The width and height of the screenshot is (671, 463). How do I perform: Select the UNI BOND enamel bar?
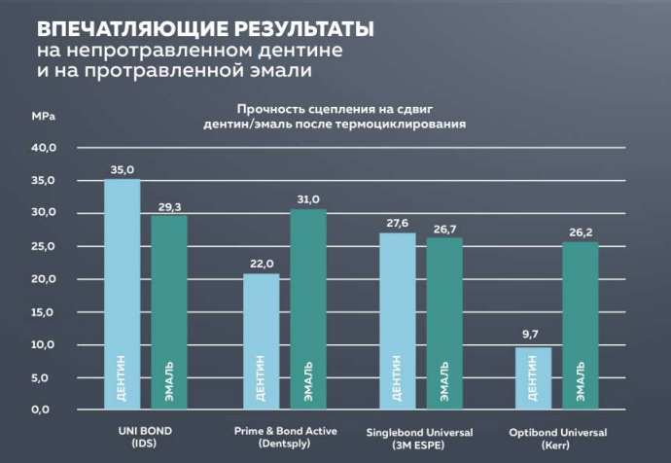(169, 311)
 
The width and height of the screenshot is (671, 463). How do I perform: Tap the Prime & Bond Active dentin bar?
(260, 340)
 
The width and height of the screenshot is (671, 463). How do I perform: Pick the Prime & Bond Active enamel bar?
(308, 308)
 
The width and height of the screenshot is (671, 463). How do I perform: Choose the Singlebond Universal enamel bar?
(444, 323)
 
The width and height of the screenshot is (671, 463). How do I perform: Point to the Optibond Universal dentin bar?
(533, 377)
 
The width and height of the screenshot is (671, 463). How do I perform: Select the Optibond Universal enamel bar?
(582, 325)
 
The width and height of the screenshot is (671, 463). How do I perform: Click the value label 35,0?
(123, 170)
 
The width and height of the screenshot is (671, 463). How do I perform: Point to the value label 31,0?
(308, 199)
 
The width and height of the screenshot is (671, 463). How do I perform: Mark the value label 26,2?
(582, 232)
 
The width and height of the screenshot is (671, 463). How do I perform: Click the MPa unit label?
(44, 116)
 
